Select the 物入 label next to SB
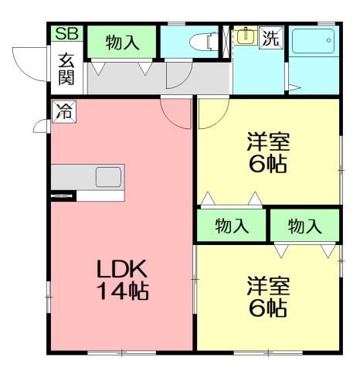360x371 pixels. coord(123,43)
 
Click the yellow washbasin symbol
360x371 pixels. coord(245,36)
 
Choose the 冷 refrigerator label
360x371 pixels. coord(63,111)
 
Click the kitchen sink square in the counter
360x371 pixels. coord(108,177)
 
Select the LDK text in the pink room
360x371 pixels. coord(122,270)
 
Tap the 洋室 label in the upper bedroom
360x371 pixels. coord(268,141)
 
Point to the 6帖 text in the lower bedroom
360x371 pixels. coord(268,308)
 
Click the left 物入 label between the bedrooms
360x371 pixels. coord(232,226)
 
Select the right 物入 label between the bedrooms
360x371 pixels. coord(304,226)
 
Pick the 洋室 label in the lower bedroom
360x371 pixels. coord(268,285)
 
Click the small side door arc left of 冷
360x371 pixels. coord(40,124)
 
